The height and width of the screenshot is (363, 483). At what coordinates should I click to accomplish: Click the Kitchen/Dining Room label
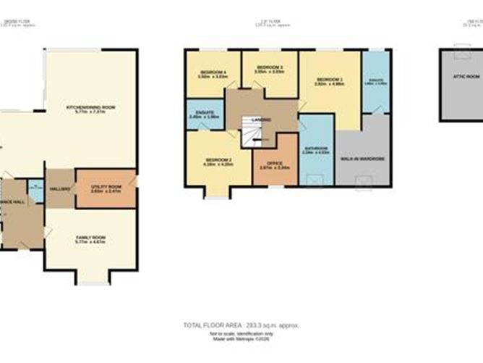90,107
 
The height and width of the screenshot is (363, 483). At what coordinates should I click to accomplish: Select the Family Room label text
90,238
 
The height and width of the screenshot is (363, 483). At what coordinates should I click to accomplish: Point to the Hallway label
60,188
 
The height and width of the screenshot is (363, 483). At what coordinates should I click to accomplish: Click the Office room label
275,164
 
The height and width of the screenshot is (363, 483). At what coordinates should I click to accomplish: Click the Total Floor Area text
241,325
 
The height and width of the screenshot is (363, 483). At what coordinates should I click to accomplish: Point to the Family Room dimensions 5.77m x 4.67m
90,242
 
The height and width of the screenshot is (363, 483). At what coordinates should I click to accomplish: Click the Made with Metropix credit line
241,337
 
